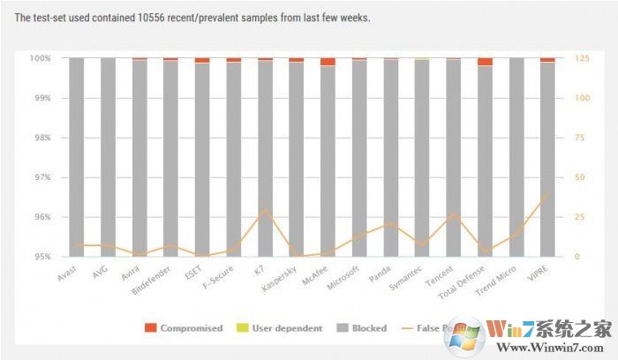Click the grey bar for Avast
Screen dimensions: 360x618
tap(77, 159)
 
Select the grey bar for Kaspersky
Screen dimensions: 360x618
tap(296, 159)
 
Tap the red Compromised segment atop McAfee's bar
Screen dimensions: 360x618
tap(328, 62)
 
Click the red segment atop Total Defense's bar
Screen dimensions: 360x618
tap(485, 62)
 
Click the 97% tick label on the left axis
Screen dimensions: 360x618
tap(41, 177)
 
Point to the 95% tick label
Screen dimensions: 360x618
tap(41, 257)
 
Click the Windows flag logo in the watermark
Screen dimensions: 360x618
tap(464, 336)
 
